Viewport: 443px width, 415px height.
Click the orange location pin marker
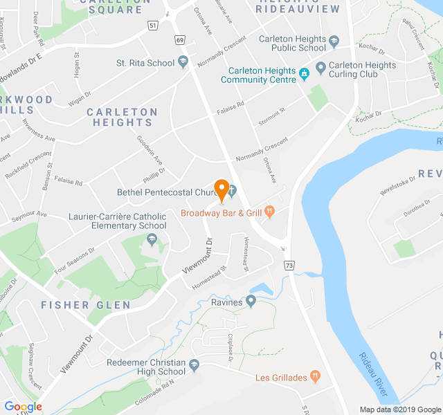point(221,189)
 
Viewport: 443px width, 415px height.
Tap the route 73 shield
point(289,266)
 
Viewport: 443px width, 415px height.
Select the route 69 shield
point(180,40)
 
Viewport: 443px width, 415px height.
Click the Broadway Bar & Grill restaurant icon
point(269,212)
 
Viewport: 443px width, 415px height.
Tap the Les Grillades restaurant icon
point(316,376)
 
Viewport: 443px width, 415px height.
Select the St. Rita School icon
point(183,63)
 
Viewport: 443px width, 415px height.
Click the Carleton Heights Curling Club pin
point(320,67)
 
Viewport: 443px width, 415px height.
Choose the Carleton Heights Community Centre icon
point(304,73)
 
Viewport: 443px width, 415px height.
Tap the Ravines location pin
point(251,301)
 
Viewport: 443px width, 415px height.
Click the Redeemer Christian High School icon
point(195,365)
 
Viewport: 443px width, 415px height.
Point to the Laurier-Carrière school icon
point(152,239)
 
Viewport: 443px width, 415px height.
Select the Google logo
point(23,407)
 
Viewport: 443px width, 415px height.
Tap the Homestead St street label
point(210,273)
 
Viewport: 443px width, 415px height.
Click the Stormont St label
point(272,112)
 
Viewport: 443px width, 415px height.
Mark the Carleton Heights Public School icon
point(334,41)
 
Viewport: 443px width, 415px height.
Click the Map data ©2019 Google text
point(399,409)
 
